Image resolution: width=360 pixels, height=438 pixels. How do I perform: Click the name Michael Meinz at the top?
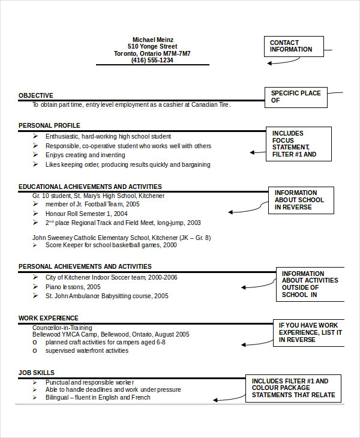click(x=152, y=39)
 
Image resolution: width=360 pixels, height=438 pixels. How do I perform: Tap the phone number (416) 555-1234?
click(x=152, y=60)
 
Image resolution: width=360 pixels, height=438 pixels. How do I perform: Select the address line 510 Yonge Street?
click(x=152, y=46)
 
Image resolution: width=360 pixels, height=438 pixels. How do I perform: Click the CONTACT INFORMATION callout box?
click(x=293, y=46)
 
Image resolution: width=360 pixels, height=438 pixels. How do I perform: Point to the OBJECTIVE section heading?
click(x=35, y=95)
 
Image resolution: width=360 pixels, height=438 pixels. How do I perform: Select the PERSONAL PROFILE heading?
click(x=49, y=125)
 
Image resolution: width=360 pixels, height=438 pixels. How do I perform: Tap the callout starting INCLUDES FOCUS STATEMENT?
click(x=298, y=144)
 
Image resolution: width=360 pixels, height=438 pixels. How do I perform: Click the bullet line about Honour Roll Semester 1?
click(x=86, y=214)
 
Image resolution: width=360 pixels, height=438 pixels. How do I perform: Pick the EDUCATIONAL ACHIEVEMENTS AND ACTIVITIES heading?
click(x=90, y=187)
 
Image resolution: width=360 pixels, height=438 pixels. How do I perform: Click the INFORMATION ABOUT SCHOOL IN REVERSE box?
click(x=300, y=200)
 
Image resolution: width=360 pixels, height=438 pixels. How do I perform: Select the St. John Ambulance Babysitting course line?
click(x=107, y=296)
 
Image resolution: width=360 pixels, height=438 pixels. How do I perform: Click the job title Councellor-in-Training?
click(x=62, y=328)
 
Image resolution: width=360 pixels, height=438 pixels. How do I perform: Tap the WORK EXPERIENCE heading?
click(x=48, y=318)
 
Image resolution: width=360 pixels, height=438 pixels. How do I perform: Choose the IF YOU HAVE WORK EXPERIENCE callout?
click(x=308, y=332)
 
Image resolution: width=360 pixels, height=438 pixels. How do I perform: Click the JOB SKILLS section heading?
click(x=37, y=373)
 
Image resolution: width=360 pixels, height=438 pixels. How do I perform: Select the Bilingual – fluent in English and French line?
click(x=98, y=397)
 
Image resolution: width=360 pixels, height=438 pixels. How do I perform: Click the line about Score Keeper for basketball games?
click(x=111, y=245)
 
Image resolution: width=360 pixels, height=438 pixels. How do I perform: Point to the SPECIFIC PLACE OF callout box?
click(x=296, y=97)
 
